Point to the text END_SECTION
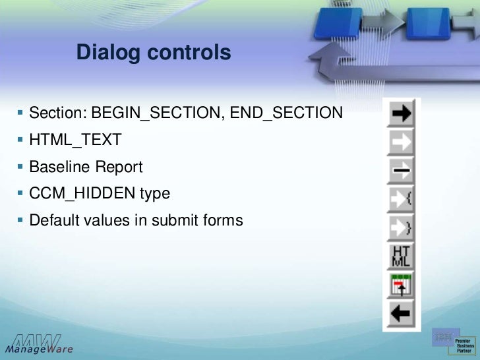[287, 113]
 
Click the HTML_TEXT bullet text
[75, 140]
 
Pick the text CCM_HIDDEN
[82, 193]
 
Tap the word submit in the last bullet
[175, 220]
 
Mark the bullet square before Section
[20, 113]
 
